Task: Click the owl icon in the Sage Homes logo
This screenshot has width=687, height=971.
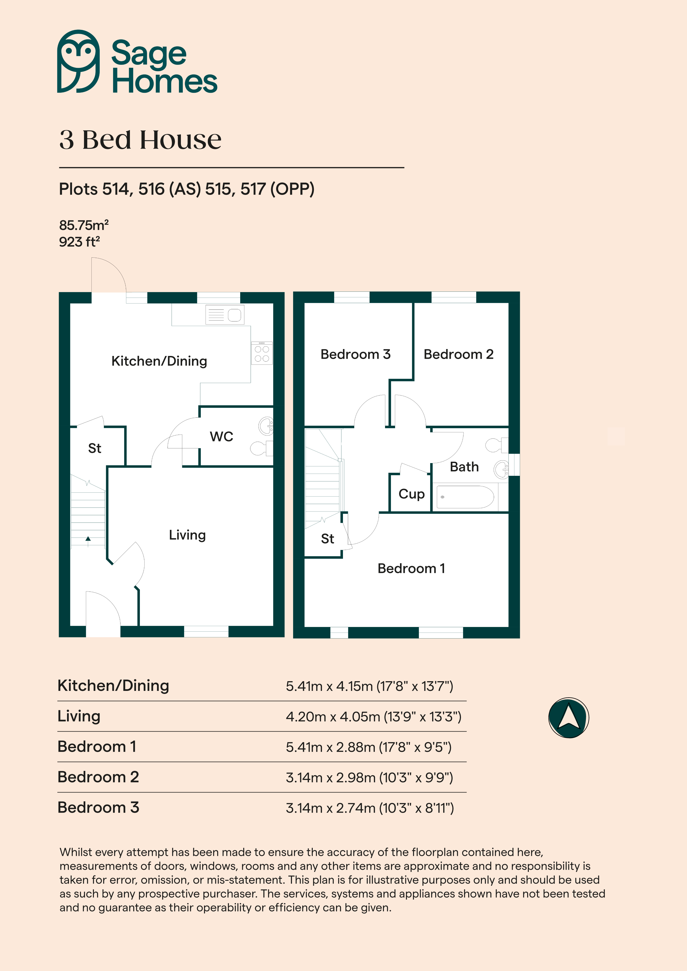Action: (78, 61)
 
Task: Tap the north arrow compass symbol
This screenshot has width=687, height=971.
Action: (568, 718)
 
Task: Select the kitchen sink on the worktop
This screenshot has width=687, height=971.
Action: (225, 315)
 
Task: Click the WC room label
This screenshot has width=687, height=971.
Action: (221, 437)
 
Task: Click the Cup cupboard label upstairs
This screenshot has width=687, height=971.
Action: (411, 494)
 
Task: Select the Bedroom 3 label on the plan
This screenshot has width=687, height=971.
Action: (356, 354)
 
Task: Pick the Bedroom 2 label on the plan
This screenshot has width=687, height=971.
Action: (458, 354)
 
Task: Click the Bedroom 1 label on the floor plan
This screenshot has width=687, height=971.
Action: (411, 568)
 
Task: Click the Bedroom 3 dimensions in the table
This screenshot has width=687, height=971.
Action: (370, 808)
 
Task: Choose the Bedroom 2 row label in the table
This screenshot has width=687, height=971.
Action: (98, 777)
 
